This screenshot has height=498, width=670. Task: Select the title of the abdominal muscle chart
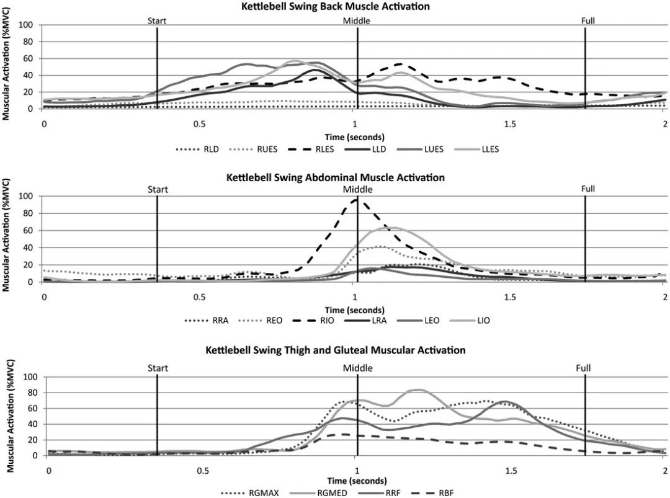pyautogui.click(x=336, y=177)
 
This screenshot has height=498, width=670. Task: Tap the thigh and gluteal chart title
pyautogui.click(x=336, y=350)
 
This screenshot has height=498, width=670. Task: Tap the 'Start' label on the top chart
pyautogui.click(x=157, y=20)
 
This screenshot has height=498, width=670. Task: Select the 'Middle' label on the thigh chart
pyautogui.click(x=358, y=368)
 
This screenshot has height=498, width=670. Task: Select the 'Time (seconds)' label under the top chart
pyautogui.click(x=354, y=136)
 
